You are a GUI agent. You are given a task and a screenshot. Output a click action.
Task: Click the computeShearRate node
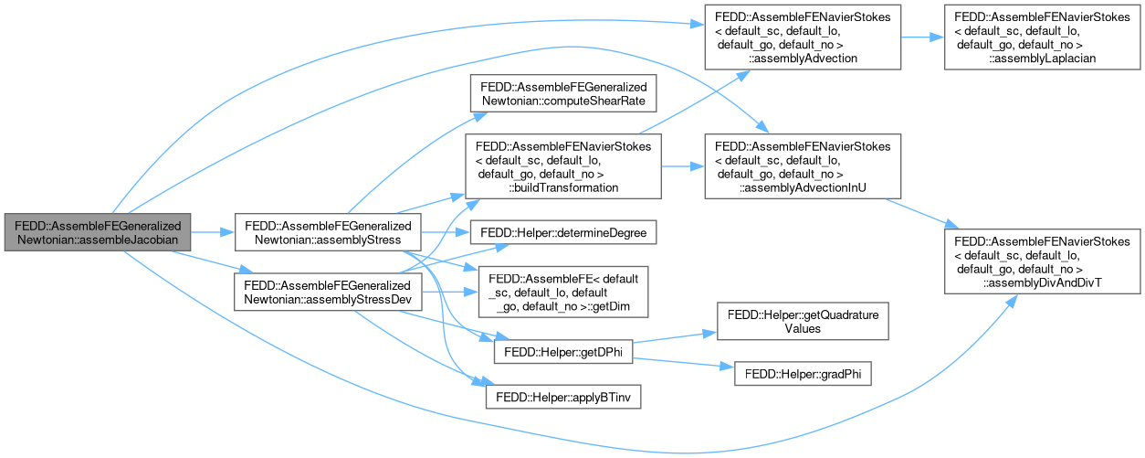pos(562,91)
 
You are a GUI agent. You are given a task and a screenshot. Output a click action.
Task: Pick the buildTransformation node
pos(562,166)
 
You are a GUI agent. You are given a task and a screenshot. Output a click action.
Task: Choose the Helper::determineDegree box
pos(562,234)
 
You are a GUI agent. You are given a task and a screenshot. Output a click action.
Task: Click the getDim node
pos(562,293)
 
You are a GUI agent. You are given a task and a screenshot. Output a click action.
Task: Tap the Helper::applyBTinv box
pos(562,399)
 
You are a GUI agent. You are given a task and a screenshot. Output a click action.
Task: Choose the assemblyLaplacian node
pos(1040,38)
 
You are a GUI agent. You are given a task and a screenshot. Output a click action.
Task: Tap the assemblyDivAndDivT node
pos(1040,256)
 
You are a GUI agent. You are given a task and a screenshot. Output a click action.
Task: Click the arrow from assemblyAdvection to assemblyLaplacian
pos(922,38)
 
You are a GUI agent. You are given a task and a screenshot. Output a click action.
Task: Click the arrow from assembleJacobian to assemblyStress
pos(214,232)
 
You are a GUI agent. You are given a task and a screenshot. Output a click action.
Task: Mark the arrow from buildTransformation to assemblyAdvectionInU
pos(681,166)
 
